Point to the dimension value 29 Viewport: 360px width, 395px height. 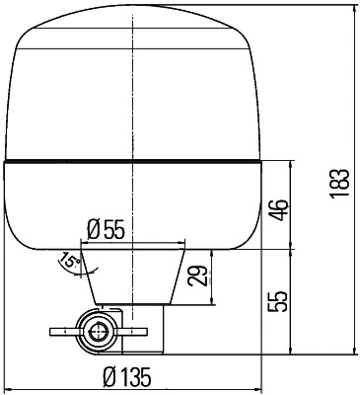pos(198,274)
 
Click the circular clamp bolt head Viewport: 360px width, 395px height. pos(97,331)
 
